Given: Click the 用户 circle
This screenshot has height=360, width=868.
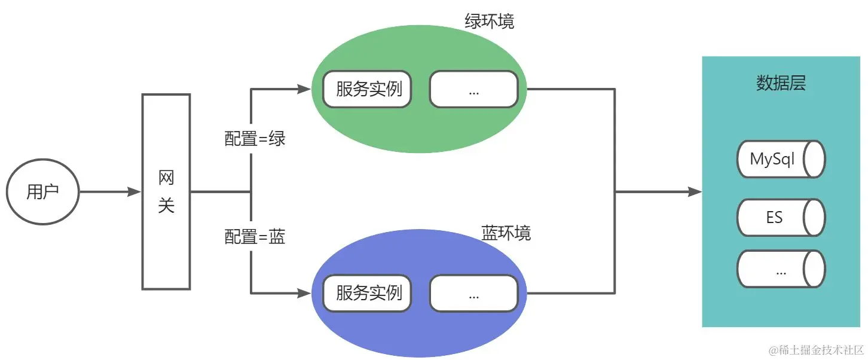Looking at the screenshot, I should pos(43,192).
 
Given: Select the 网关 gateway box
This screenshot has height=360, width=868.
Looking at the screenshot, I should pos(166,192).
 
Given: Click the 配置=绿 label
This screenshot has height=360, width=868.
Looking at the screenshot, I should pos(255,139).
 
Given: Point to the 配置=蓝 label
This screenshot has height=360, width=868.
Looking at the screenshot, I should pos(255,237).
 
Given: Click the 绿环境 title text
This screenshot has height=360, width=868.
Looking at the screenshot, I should pos(489,22).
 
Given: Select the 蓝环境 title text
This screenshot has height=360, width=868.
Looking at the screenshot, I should pos(506,233).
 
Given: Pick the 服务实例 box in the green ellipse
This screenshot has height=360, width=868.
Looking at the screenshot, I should pos(368,90).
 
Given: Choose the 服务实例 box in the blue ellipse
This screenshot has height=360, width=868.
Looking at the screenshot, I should pos(368,294).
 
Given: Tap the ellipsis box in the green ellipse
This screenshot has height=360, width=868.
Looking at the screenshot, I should pos(473,90).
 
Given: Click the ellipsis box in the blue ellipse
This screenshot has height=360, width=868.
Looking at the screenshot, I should pos(473,294).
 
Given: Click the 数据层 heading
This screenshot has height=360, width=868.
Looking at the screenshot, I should pos(781,84).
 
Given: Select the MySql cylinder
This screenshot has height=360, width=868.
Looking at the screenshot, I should pos(781,160).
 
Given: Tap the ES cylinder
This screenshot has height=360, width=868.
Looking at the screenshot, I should pos(781,217).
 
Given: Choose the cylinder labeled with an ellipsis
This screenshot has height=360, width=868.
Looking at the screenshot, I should pos(781,269).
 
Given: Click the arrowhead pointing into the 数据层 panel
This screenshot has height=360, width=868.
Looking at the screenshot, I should pos(695,192).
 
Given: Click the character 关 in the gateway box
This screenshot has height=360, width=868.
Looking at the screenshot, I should pos(166,206).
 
